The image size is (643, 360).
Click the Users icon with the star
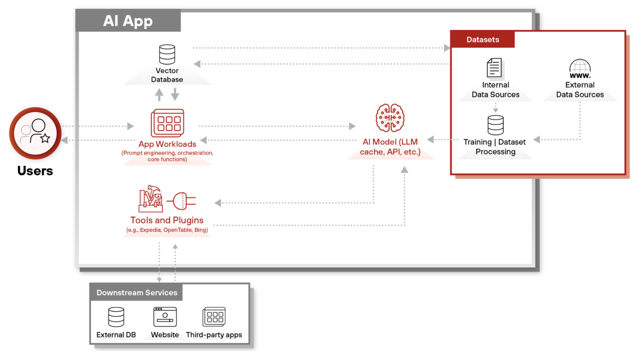35,133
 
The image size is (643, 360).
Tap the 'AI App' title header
128,21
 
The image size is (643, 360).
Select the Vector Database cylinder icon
167,55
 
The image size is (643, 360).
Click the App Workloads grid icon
167,123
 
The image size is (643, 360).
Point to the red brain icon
390,118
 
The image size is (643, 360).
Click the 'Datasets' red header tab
483,40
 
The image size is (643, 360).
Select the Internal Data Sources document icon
495,68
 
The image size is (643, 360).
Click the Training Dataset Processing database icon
495,125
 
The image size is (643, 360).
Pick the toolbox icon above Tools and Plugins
151,199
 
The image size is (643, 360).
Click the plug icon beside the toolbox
184,201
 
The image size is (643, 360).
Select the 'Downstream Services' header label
137,293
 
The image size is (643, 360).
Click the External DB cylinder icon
116,317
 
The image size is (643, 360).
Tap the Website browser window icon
165,317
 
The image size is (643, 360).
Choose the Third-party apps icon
214,317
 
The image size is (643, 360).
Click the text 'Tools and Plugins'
167,220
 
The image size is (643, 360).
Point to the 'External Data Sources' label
580,89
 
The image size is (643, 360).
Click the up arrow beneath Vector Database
159,95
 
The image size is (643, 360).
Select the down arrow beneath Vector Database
175,95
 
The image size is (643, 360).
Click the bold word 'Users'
35,171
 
